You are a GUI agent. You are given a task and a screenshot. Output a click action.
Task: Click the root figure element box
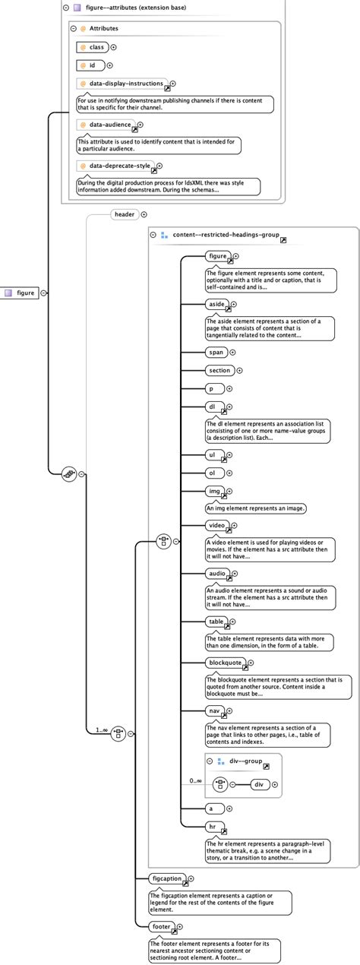22,293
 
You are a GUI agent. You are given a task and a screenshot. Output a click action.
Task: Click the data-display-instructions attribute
122,84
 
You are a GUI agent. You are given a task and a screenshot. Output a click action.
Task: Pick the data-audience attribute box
106,125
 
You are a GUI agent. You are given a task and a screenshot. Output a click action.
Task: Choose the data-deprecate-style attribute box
115,166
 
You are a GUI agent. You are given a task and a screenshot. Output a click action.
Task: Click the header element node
124,214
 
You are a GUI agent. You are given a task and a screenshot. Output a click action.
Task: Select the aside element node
216,304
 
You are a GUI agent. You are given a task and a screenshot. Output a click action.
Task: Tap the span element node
216,352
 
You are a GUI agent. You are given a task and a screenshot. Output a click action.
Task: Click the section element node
219,371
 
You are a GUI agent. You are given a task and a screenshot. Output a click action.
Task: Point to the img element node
215,492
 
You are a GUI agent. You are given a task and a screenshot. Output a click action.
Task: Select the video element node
217,525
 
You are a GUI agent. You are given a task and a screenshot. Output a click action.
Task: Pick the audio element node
217,573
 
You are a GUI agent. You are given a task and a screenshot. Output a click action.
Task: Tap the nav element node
215,711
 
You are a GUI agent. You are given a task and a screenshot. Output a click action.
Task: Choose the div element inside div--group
258,784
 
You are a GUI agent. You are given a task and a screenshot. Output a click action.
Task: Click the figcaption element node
167,878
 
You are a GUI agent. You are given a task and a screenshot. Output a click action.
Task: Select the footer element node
161,926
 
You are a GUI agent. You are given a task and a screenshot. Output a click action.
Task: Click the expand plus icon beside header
144,214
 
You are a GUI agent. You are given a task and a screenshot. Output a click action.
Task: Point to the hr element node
215,827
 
